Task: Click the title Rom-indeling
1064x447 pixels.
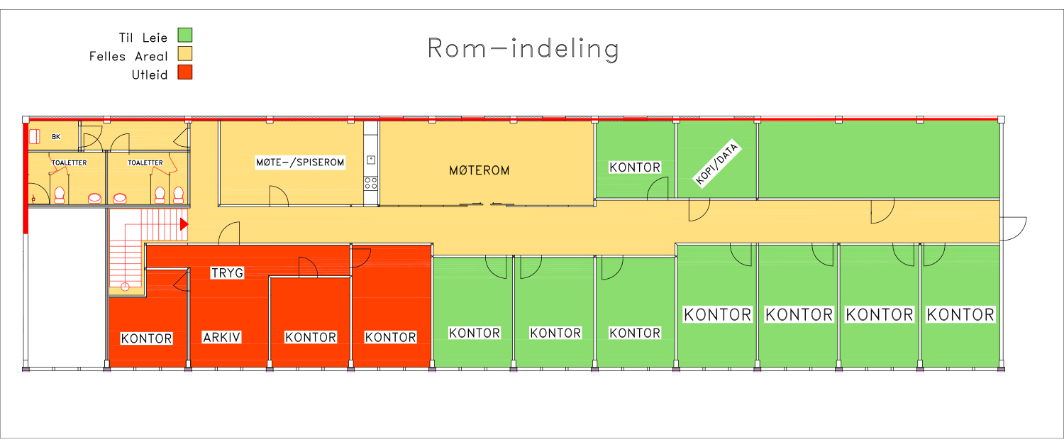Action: pyautogui.click(x=523, y=49)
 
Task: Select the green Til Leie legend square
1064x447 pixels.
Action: pyautogui.click(x=185, y=35)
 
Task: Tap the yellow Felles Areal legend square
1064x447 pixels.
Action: pyautogui.click(x=185, y=54)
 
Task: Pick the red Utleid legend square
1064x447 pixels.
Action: pyautogui.click(x=185, y=72)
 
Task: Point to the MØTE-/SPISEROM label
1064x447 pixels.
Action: pyautogui.click(x=300, y=162)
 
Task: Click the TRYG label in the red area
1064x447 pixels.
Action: pyautogui.click(x=228, y=272)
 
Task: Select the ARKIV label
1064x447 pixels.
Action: pyautogui.click(x=222, y=338)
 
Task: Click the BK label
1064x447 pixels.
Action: pyautogui.click(x=56, y=137)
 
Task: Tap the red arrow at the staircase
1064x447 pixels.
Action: pyautogui.click(x=184, y=224)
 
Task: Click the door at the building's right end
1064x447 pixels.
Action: pyautogui.click(x=1013, y=228)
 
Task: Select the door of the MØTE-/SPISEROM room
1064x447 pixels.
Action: pyautogui.click(x=278, y=197)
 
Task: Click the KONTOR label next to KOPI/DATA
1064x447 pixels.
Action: pyautogui.click(x=635, y=167)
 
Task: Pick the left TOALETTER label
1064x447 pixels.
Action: pyautogui.click(x=69, y=163)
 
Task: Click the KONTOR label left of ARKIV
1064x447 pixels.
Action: pyautogui.click(x=146, y=338)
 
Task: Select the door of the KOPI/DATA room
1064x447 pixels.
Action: pyautogui.click(x=699, y=210)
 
